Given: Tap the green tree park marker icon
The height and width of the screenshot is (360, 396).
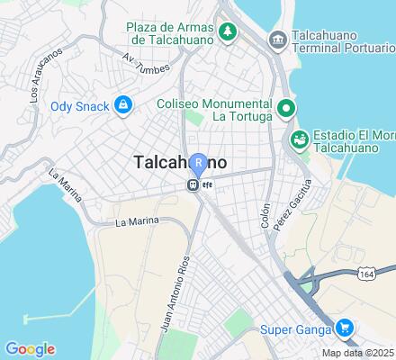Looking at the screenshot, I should [229, 31].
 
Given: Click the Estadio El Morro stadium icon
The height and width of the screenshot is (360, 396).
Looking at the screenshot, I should [298, 139].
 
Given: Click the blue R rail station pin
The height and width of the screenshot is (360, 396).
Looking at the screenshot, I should [200, 163].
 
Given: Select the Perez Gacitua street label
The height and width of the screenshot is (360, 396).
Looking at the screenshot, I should [285, 206].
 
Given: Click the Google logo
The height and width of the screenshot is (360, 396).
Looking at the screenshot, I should [30, 349].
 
